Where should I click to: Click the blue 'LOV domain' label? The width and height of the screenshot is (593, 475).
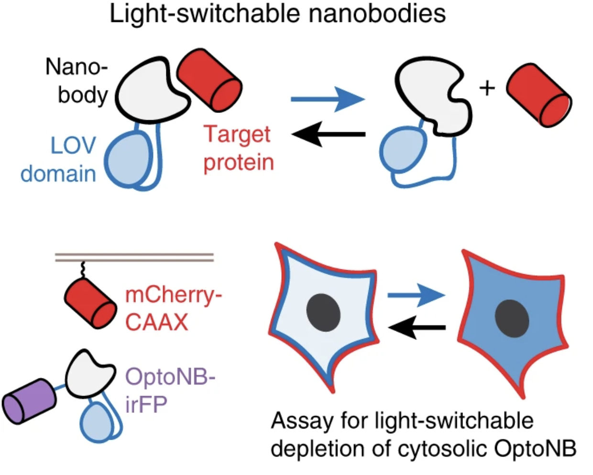[x=59, y=160]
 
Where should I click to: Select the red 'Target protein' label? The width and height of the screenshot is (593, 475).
[x=238, y=148]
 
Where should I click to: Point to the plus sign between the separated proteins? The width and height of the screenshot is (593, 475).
[x=487, y=88]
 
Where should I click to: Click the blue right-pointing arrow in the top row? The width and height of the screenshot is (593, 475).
[x=328, y=99]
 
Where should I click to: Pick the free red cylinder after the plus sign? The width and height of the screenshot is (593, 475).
[x=539, y=96]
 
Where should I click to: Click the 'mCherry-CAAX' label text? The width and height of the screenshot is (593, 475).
[x=173, y=309]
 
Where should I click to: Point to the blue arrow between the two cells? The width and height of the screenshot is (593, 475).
[x=416, y=296]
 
